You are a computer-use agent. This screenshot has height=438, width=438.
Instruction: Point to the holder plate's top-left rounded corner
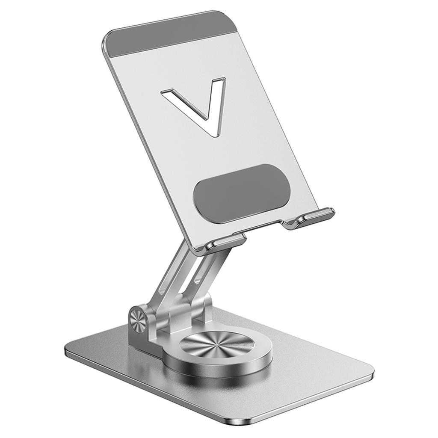tap(109, 37)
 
